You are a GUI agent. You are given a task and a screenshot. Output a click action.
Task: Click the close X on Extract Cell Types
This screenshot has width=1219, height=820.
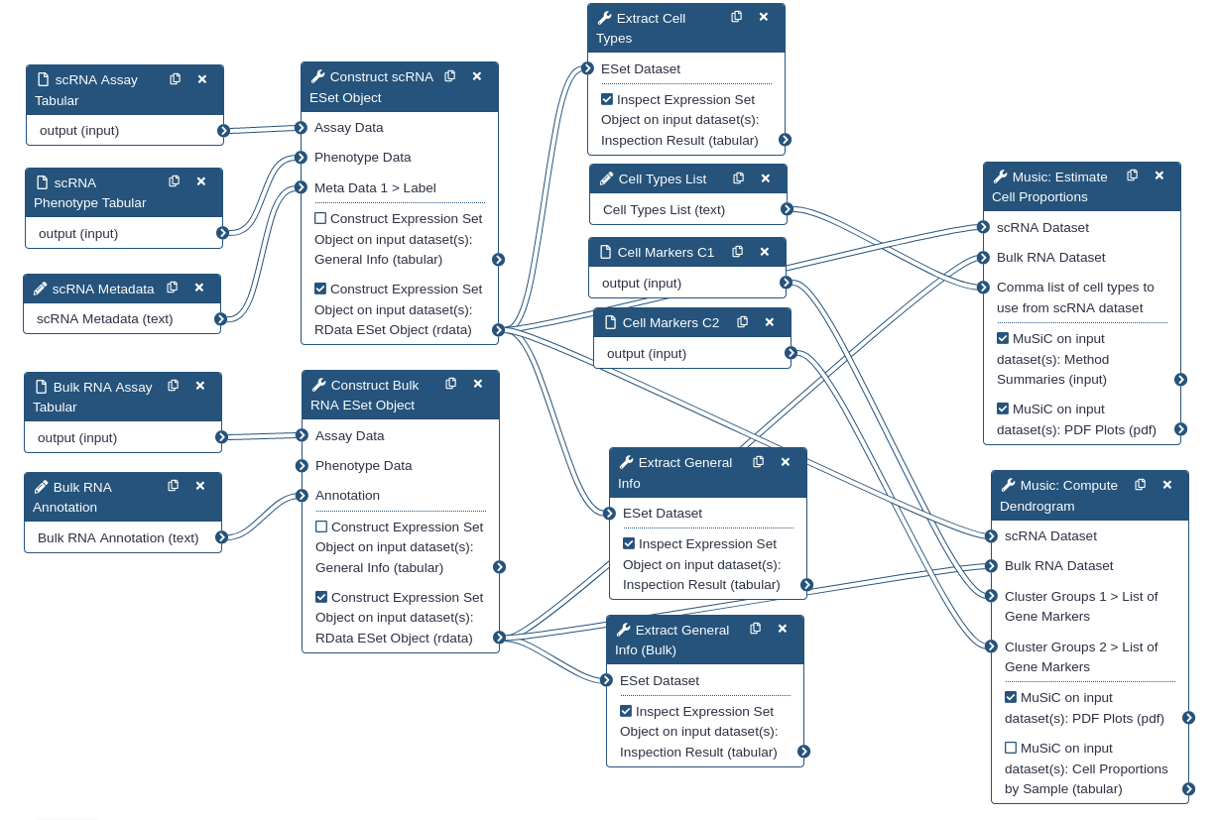(x=764, y=17)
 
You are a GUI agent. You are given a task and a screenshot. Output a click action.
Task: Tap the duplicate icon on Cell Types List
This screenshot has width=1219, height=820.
(x=739, y=177)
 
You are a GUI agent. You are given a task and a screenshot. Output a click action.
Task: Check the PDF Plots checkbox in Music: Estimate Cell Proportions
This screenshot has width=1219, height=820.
(x=1003, y=409)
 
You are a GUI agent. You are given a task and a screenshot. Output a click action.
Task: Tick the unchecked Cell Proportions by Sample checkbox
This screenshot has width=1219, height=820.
(x=1011, y=748)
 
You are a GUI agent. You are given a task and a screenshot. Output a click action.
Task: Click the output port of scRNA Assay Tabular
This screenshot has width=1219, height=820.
(x=223, y=131)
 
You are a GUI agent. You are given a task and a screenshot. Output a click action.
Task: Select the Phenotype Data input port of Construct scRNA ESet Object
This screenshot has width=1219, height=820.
(x=301, y=158)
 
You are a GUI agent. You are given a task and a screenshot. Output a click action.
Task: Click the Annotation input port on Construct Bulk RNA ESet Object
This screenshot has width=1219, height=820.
(x=303, y=495)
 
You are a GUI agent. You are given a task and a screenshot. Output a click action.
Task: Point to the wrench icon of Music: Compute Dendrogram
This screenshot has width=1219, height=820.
(x=1009, y=485)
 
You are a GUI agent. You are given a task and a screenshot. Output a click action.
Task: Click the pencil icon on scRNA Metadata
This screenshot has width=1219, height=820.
(x=40, y=289)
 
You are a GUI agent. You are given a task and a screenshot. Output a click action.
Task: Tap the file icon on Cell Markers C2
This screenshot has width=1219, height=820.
(x=611, y=322)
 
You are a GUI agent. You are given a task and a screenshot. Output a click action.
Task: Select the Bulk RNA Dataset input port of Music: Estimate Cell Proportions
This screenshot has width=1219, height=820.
(x=983, y=258)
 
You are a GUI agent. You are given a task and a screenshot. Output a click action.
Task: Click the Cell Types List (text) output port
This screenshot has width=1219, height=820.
(x=787, y=209)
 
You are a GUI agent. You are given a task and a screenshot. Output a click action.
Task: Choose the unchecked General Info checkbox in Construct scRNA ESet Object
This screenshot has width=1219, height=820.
(x=320, y=218)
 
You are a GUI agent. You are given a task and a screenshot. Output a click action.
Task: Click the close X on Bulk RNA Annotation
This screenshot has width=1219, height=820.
(x=200, y=486)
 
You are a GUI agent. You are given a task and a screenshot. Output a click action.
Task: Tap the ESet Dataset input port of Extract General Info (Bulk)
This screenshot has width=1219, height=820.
(x=607, y=680)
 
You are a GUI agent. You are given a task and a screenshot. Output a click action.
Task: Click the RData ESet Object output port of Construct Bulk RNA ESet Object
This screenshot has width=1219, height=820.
(x=499, y=638)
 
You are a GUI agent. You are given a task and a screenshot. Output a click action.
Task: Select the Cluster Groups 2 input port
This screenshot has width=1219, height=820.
(x=992, y=646)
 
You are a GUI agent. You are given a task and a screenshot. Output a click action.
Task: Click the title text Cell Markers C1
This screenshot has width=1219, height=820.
(x=666, y=253)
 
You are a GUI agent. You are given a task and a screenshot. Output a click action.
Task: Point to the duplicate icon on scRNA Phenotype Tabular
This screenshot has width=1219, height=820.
(x=175, y=181)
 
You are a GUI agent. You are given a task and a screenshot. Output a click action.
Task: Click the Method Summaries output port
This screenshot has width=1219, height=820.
(x=1180, y=379)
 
